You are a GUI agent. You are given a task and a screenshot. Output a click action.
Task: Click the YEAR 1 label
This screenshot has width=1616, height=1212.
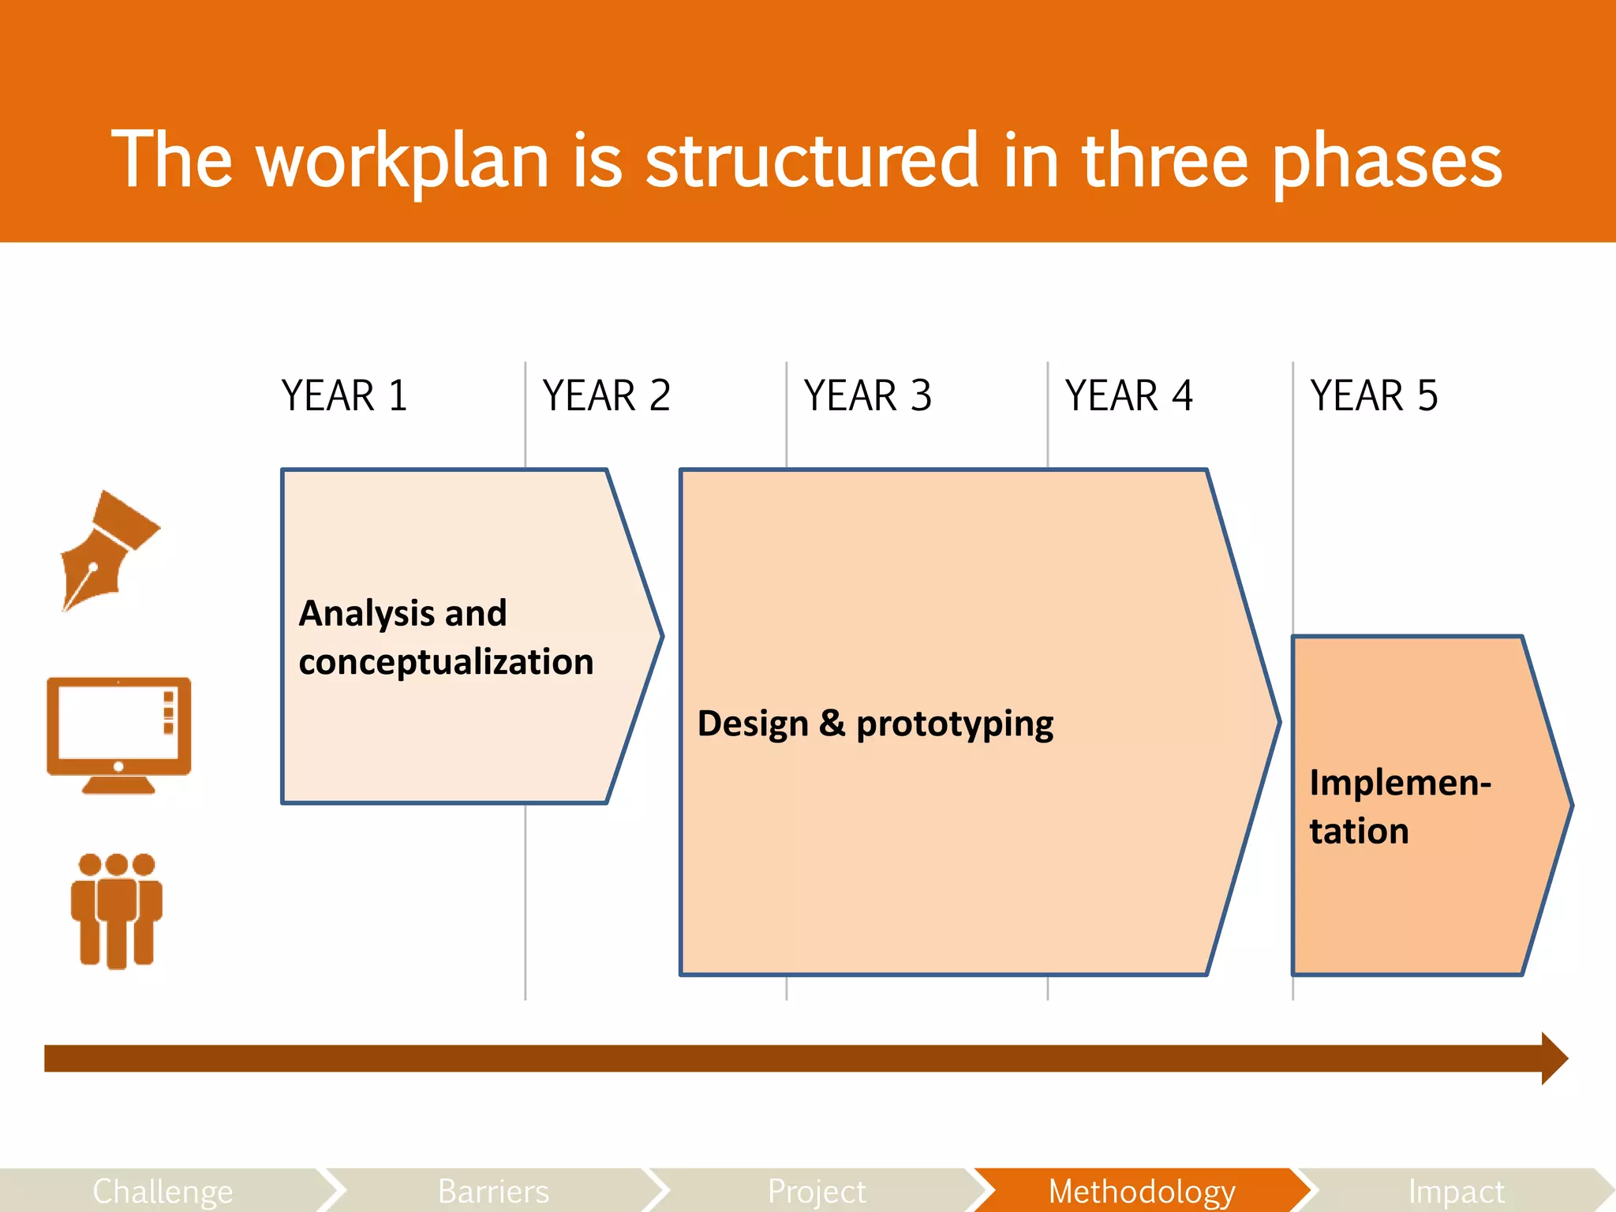[344, 395]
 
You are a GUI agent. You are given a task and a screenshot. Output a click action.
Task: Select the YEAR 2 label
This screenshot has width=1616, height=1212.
[606, 395]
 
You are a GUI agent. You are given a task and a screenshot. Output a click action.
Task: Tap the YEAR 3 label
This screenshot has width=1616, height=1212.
[867, 395]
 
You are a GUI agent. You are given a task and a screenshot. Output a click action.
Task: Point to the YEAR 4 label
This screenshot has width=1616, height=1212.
[1128, 395]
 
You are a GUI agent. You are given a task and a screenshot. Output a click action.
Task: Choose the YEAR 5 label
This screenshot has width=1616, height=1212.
[1374, 395]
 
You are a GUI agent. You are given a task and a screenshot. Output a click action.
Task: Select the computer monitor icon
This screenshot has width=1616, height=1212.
[118, 735]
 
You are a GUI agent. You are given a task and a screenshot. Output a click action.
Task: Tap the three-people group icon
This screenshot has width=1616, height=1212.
[117, 911]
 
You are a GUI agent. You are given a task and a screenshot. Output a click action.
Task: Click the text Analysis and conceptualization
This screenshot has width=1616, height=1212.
[446, 638]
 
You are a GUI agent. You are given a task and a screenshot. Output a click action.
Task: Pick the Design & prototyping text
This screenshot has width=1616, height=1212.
[875, 724]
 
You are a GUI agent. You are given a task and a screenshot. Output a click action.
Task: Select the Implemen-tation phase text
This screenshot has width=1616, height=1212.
[1399, 806]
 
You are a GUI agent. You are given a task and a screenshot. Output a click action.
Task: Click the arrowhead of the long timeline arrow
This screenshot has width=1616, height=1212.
[1554, 1058]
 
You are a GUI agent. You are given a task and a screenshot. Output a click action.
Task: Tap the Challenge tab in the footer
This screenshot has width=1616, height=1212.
[163, 1191]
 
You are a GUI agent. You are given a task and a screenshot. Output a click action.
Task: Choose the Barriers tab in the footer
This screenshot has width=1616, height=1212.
[493, 1191]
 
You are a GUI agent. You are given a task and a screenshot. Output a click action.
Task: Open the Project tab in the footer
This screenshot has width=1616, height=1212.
[817, 1191]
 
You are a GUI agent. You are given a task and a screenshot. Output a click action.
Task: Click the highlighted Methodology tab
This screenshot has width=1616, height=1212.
[1141, 1191]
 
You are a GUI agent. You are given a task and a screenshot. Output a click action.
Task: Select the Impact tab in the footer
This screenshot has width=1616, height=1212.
[1456, 1191]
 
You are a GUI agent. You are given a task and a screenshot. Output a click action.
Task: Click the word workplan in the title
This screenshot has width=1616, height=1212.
[402, 161]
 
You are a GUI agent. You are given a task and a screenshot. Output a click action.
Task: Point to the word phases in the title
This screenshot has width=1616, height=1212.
[1386, 161]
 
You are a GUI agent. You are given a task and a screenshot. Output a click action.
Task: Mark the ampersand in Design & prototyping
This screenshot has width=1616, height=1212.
[832, 723]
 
